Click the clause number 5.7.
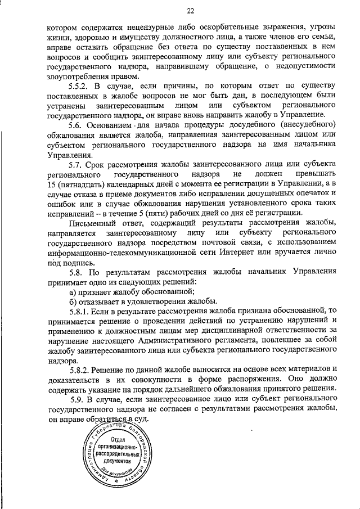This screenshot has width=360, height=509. tap(75, 165)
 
